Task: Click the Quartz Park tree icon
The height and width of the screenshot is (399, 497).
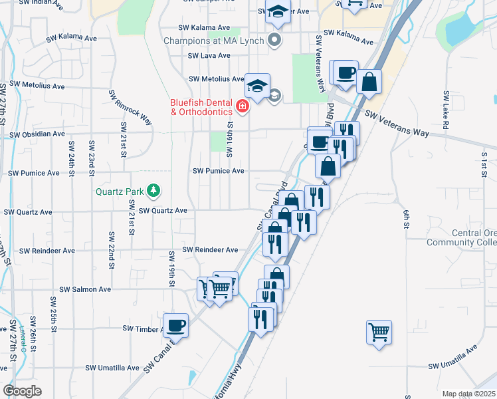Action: tap(154, 192)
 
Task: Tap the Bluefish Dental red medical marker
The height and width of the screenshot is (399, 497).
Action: tap(243, 106)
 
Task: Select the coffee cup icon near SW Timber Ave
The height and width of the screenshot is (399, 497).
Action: tap(176, 325)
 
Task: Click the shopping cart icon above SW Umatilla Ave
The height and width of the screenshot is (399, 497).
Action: tap(379, 331)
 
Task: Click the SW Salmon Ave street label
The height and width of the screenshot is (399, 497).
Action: tap(85, 289)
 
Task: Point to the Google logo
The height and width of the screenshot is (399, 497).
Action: tap(22, 391)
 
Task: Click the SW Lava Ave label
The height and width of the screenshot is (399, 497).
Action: tap(209, 57)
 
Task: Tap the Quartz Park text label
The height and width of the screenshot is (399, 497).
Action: tap(120, 192)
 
